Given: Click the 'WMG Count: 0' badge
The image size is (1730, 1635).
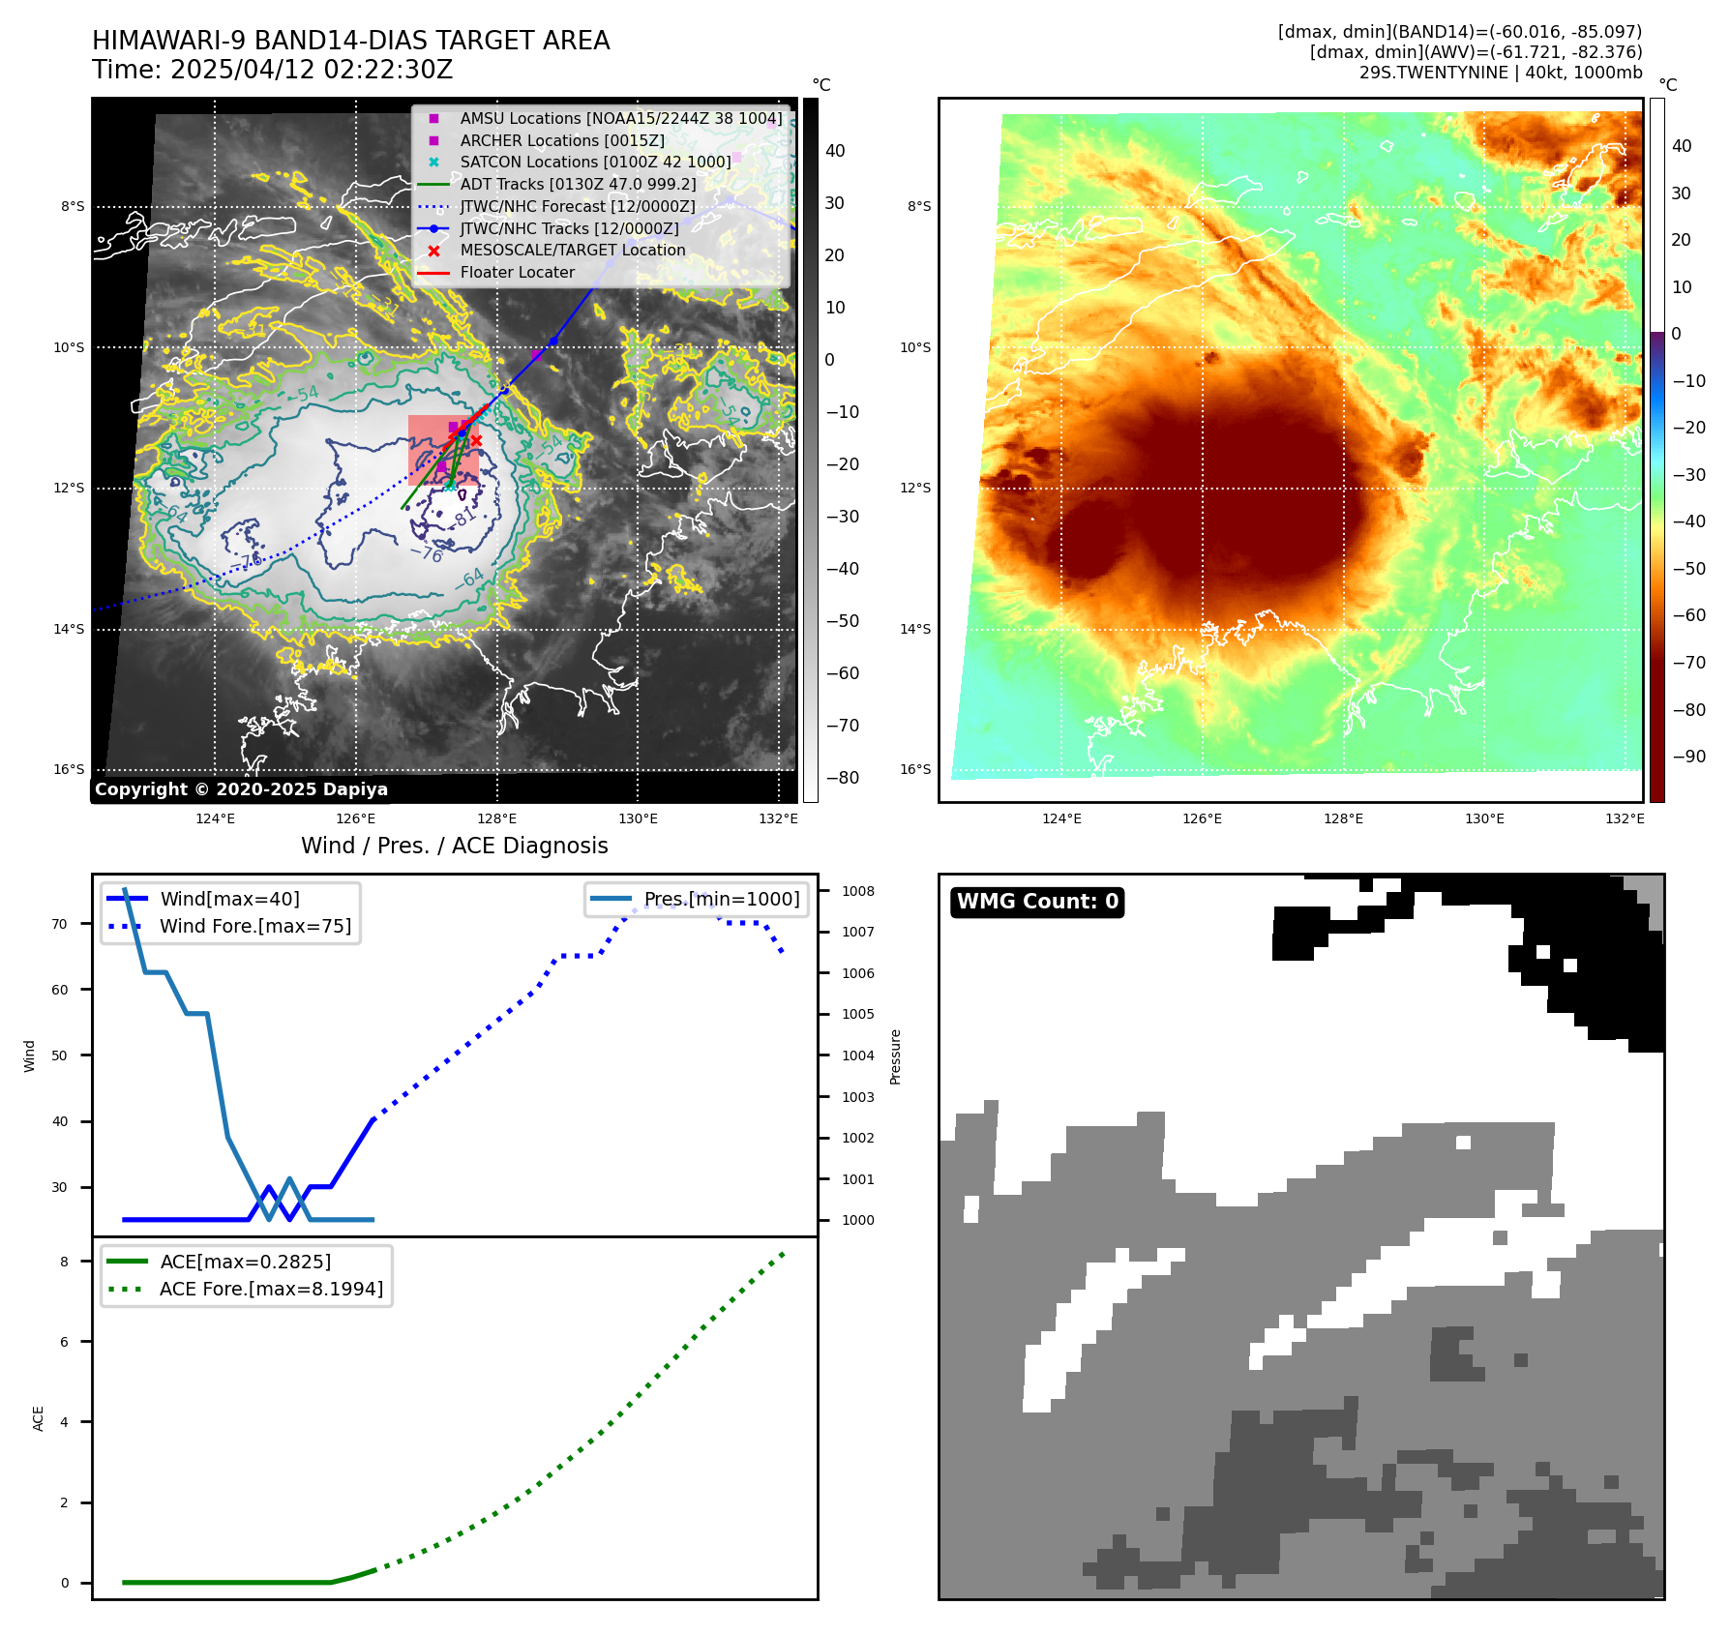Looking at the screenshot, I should click(x=1037, y=902).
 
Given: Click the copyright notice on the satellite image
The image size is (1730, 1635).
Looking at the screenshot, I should click(x=241, y=789).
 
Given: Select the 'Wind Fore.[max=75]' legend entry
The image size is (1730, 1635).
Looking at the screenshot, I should click(x=255, y=926).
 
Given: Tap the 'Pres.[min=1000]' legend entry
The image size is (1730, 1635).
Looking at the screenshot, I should click(x=722, y=899).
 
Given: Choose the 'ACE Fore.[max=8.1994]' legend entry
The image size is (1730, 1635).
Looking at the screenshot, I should click(x=271, y=1289).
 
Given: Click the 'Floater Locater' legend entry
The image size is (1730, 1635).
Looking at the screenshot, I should click(x=517, y=272).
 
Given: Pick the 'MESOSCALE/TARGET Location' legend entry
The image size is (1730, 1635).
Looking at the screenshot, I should click(x=572, y=250).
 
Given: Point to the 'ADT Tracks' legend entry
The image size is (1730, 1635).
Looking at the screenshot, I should click(x=578, y=184).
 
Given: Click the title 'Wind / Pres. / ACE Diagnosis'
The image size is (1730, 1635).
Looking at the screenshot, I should click(x=455, y=846).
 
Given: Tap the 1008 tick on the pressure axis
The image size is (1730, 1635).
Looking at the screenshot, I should click(x=858, y=891).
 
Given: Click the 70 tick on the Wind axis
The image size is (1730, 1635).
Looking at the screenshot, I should click(x=60, y=924).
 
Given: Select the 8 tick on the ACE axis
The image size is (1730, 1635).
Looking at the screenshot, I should click(x=65, y=1262).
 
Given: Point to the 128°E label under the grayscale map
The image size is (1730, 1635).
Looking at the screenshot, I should click(x=497, y=818).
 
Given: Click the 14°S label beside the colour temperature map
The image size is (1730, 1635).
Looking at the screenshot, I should click(x=915, y=629).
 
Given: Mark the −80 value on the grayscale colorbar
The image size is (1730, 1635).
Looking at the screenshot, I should click(x=842, y=778).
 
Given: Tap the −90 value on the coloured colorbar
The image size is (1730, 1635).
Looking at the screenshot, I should click(x=1689, y=757).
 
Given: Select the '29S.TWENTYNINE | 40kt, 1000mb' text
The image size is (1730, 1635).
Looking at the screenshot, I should click(x=1500, y=73).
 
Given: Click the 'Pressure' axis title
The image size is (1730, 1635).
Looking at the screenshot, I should click(x=895, y=1056).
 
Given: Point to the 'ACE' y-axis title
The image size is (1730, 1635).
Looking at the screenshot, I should click(x=39, y=1418).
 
